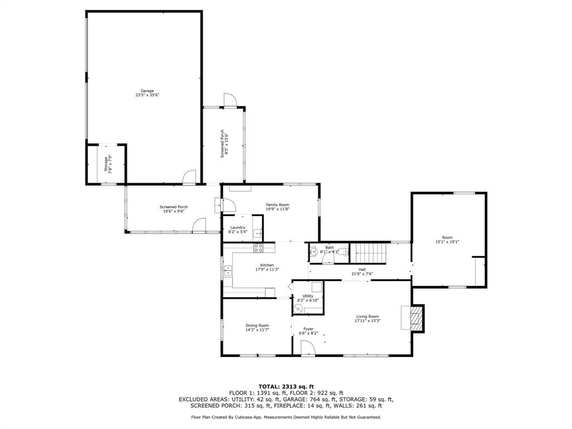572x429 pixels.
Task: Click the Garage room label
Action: [x=147, y=90]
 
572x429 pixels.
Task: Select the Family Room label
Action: [x=277, y=205]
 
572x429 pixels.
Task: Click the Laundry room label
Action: [x=237, y=227]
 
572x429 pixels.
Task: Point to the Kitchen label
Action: [x=267, y=265]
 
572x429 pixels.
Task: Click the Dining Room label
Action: [x=257, y=326]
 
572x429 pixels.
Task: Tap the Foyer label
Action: [x=308, y=329]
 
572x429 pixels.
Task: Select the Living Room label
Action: [x=367, y=317]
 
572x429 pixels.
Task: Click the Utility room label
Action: [x=308, y=296]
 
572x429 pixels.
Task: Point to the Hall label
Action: [x=362, y=269]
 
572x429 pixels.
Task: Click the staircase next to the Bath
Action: [x=368, y=253]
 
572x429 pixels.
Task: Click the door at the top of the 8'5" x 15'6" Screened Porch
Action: [x=230, y=101]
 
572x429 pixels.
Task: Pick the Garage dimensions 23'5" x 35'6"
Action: [x=147, y=95]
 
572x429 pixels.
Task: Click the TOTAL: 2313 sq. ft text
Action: [x=286, y=387]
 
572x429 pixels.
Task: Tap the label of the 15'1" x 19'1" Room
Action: [x=447, y=237]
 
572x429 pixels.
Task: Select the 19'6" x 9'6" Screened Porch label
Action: [x=173, y=207]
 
